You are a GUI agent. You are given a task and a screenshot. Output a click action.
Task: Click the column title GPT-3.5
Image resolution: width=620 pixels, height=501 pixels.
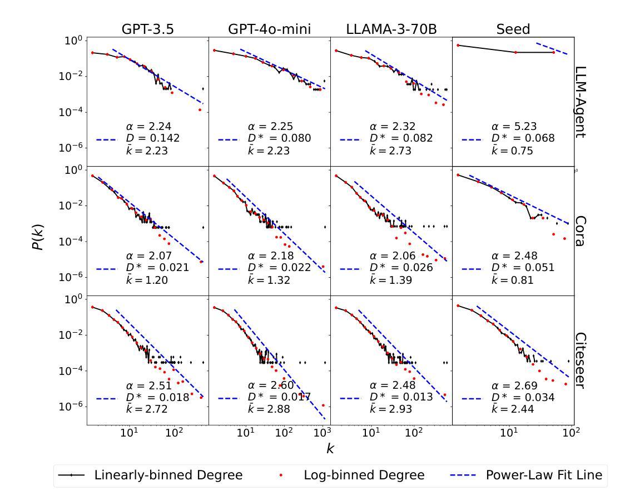pos(147,29)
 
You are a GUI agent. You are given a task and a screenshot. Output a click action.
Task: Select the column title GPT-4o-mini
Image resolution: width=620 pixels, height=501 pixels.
pos(269,29)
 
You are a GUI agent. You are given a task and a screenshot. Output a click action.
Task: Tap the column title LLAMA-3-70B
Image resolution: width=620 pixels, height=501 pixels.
pos(391,29)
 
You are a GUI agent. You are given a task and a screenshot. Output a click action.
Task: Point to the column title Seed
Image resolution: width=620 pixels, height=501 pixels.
pos(513,29)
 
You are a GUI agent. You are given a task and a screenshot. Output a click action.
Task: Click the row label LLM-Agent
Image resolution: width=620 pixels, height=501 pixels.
pos(582,102)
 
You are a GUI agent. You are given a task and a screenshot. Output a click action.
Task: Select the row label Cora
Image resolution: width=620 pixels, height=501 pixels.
pos(582,231)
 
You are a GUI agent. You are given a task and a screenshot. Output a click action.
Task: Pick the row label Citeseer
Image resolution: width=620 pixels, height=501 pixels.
pos(582,360)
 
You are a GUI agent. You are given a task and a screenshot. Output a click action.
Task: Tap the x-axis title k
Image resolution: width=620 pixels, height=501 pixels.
pos(330,449)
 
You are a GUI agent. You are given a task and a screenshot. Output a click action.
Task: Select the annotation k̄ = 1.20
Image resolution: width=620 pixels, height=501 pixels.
pos(147,279)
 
